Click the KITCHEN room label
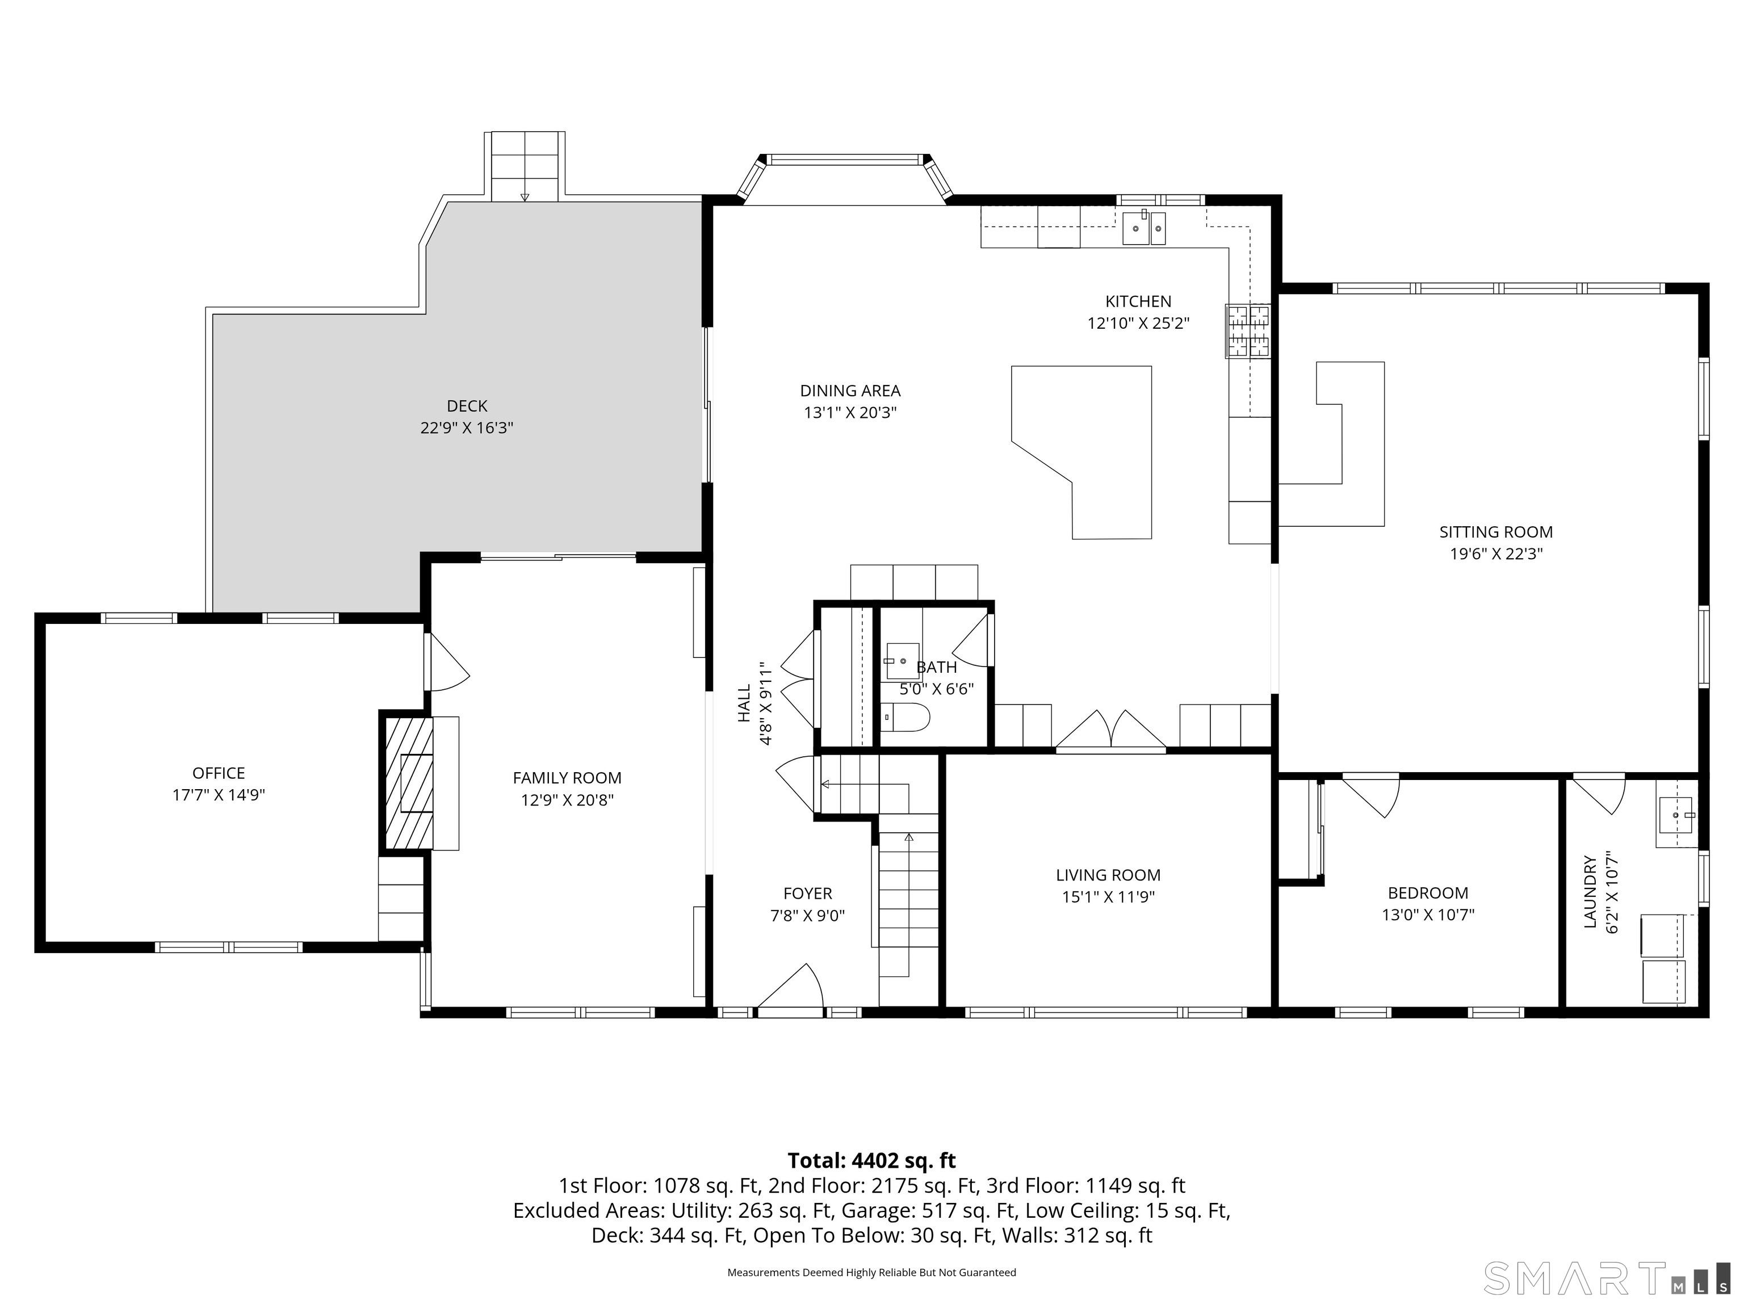coord(1138,301)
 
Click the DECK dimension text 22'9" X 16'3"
coord(467,428)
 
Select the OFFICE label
coord(219,773)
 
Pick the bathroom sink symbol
coord(902,661)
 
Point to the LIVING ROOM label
coord(1108,875)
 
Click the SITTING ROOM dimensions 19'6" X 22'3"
coord(1496,554)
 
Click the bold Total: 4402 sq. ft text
coord(871,1160)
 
